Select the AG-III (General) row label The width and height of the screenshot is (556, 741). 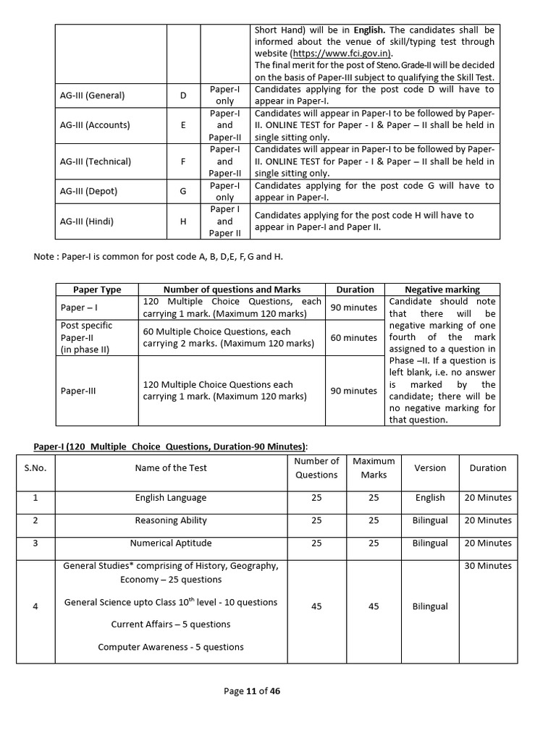[x=93, y=96]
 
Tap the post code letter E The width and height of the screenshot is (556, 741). [x=183, y=125]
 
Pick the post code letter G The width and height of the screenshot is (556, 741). [x=183, y=192]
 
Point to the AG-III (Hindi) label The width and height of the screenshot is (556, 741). [x=89, y=221]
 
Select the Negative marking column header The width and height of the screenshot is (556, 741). [x=442, y=289]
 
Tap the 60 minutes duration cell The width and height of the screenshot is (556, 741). [x=354, y=338]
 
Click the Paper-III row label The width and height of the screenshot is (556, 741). [x=78, y=391]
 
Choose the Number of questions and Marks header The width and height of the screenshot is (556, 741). [x=232, y=289]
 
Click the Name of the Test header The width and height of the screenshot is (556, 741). [x=171, y=468]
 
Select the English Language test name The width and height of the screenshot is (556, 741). [x=171, y=498]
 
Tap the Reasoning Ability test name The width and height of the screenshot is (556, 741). [x=171, y=520]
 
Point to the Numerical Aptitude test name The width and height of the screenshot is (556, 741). [x=171, y=543]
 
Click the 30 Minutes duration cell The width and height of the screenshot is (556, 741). [x=487, y=566]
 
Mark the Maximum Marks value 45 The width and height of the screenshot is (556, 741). [x=374, y=606]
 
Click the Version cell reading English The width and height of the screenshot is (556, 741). [x=430, y=498]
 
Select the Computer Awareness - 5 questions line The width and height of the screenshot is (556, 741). [x=171, y=647]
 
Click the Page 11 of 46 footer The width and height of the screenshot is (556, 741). [x=252, y=691]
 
